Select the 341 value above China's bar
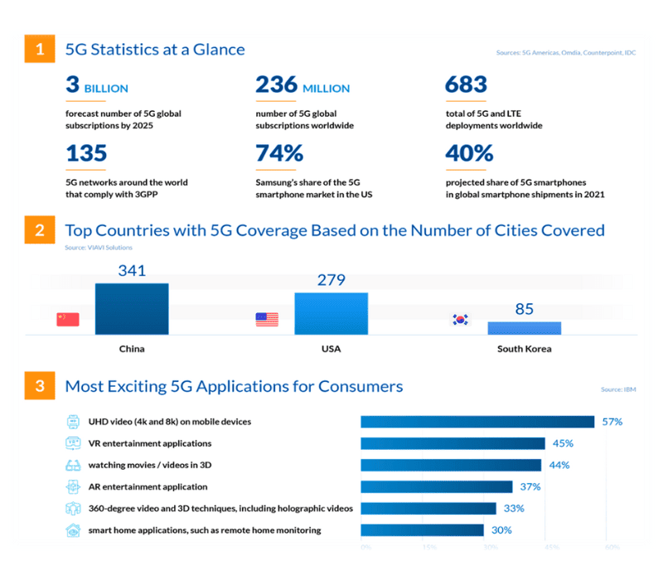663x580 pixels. point(131,270)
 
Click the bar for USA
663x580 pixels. point(331,313)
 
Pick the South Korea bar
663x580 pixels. point(524,328)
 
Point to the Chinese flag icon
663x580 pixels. point(67,320)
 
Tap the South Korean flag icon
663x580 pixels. point(461,320)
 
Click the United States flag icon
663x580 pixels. point(267,320)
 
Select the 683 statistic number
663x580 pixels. point(466,85)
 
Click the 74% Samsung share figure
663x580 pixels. point(279,153)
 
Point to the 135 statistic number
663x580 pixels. point(86,153)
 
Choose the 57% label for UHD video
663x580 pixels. point(612,422)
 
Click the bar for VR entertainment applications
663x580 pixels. point(452,443)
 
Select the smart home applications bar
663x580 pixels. point(422,529)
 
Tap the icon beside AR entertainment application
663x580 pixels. point(72,486)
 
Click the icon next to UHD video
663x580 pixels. point(72,422)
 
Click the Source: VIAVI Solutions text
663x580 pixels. point(99,247)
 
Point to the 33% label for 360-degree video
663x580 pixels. point(513,508)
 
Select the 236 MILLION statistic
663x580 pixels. point(302,86)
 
